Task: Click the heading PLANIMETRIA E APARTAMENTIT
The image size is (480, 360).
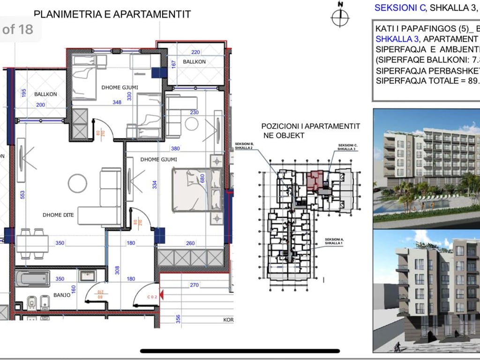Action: click(112, 14)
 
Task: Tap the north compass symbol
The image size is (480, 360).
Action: click(341, 17)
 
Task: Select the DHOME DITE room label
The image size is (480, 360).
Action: click(56, 215)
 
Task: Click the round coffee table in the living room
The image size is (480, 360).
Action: click(77, 183)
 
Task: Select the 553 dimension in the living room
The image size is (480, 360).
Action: click(22, 195)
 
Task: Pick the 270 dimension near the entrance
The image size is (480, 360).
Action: click(195, 285)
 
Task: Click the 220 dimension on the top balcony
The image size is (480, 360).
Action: click(195, 52)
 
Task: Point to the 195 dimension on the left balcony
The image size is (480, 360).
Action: click(24, 93)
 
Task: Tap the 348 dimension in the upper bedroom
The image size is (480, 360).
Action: click(124, 102)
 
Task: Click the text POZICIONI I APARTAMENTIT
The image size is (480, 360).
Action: click(310, 127)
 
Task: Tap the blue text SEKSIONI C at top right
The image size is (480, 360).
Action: click(400, 7)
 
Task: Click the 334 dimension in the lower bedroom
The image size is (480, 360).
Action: click(154, 185)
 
